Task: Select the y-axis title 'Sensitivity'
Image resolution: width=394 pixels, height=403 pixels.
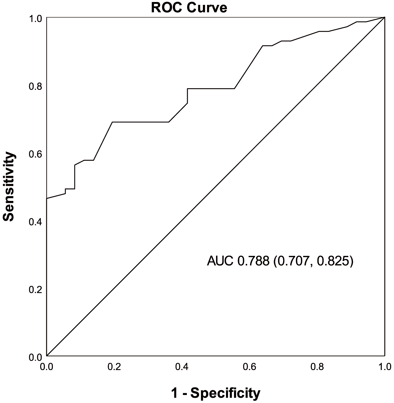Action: click(9, 186)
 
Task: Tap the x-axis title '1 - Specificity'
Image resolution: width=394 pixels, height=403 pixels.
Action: click(216, 393)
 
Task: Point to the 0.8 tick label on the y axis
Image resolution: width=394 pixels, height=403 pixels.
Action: click(35, 86)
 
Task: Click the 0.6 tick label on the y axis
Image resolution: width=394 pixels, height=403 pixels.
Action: click(35, 154)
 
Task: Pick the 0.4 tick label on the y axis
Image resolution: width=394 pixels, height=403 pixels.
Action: click(35, 222)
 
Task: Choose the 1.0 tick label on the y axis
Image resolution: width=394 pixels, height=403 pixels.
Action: click(35, 19)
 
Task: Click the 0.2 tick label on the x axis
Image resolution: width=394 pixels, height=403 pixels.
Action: click(114, 367)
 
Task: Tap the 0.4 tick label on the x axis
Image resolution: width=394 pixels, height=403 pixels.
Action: click(182, 367)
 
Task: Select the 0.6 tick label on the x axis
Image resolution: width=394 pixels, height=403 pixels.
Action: click(249, 367)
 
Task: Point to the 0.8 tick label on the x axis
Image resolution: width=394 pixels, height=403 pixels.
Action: click(317, 367)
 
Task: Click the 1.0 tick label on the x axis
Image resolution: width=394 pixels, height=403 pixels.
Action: click(384, 367)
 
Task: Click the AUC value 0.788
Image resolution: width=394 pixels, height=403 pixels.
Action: click(253, 261)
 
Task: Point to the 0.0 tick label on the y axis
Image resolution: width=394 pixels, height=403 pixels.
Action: click(35, 357)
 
